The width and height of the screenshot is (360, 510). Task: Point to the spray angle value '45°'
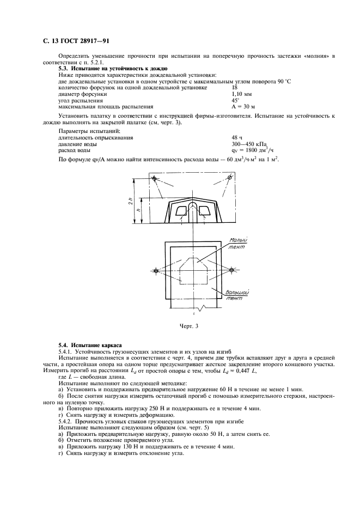(x=235, y=100)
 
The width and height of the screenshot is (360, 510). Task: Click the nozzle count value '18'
(x=235, y=87)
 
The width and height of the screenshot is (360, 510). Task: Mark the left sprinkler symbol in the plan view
(x=156, y=271)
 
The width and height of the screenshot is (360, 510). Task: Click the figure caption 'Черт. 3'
(x=191, y=326)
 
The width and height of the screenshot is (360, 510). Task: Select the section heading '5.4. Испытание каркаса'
(x=90, y=345)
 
